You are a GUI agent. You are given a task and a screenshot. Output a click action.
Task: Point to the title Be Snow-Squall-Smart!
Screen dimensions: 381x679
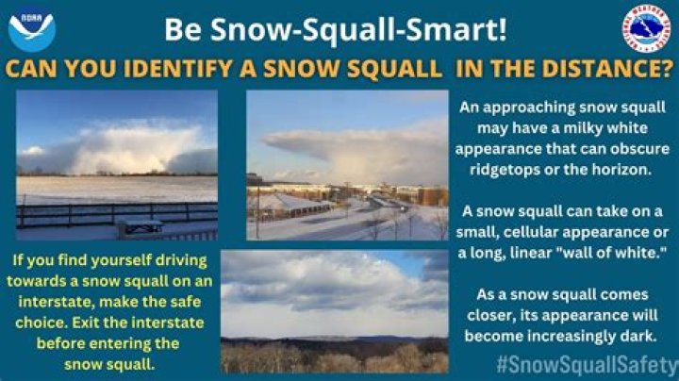click(x=336, y=29)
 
